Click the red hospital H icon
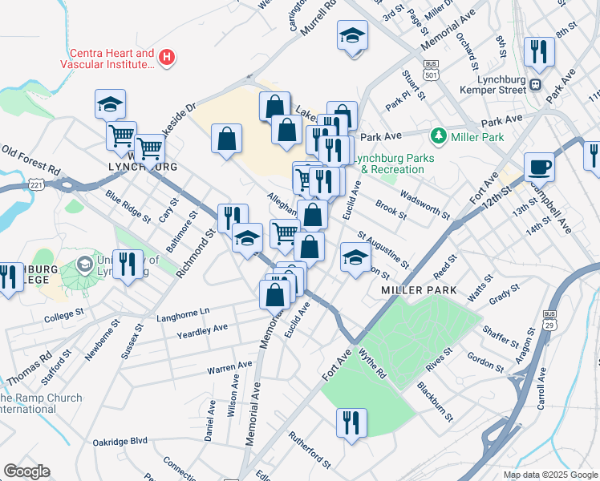(x=167, y=57)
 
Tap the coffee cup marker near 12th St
(x=539, y=167)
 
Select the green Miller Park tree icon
(x=438, y=137)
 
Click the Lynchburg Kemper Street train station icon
(x=535, y=84)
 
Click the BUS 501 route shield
(x=432, y=70)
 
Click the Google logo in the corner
(x=26, y=471)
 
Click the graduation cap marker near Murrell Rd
(x=351, y=37)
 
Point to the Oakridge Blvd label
(x=120, y=440)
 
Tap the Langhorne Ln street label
(x=182, y=310)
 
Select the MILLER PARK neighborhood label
(x=419, y=289)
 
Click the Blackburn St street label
(x=435, y=402)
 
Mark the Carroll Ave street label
(x=541, y=389)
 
